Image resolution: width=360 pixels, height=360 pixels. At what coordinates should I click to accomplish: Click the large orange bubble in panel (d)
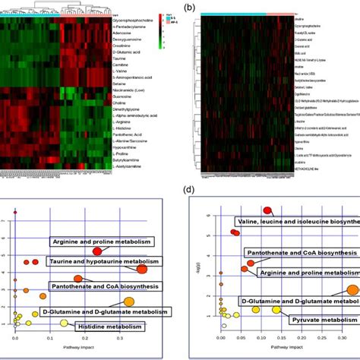point(352,289)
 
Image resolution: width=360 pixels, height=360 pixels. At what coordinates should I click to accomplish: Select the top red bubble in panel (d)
point(267,210)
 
